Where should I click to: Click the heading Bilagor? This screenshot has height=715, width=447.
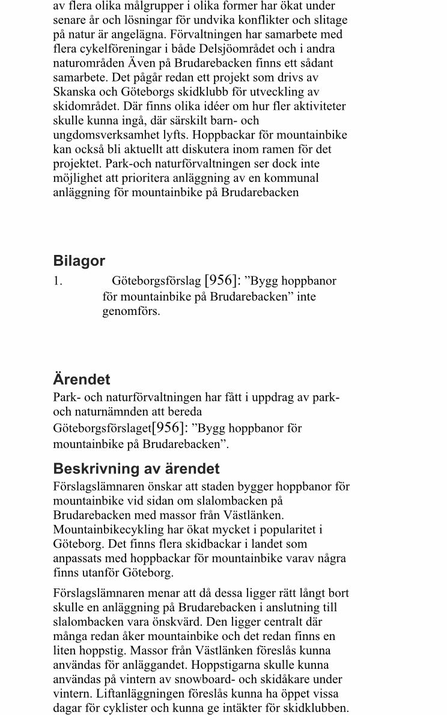[x=79, y=261]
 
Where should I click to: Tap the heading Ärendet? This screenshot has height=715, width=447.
[x=82, y=380]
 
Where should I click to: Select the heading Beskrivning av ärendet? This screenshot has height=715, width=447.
[x=136, y=468]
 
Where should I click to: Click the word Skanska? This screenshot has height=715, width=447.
[x=74, y=92]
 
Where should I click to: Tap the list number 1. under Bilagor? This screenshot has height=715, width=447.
[x=58, y=281]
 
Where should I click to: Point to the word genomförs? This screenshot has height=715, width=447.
[x=131, y=311]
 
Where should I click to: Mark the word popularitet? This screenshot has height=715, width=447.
[x=285, y=530]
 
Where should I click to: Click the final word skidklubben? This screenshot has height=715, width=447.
[x=318, y=708]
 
